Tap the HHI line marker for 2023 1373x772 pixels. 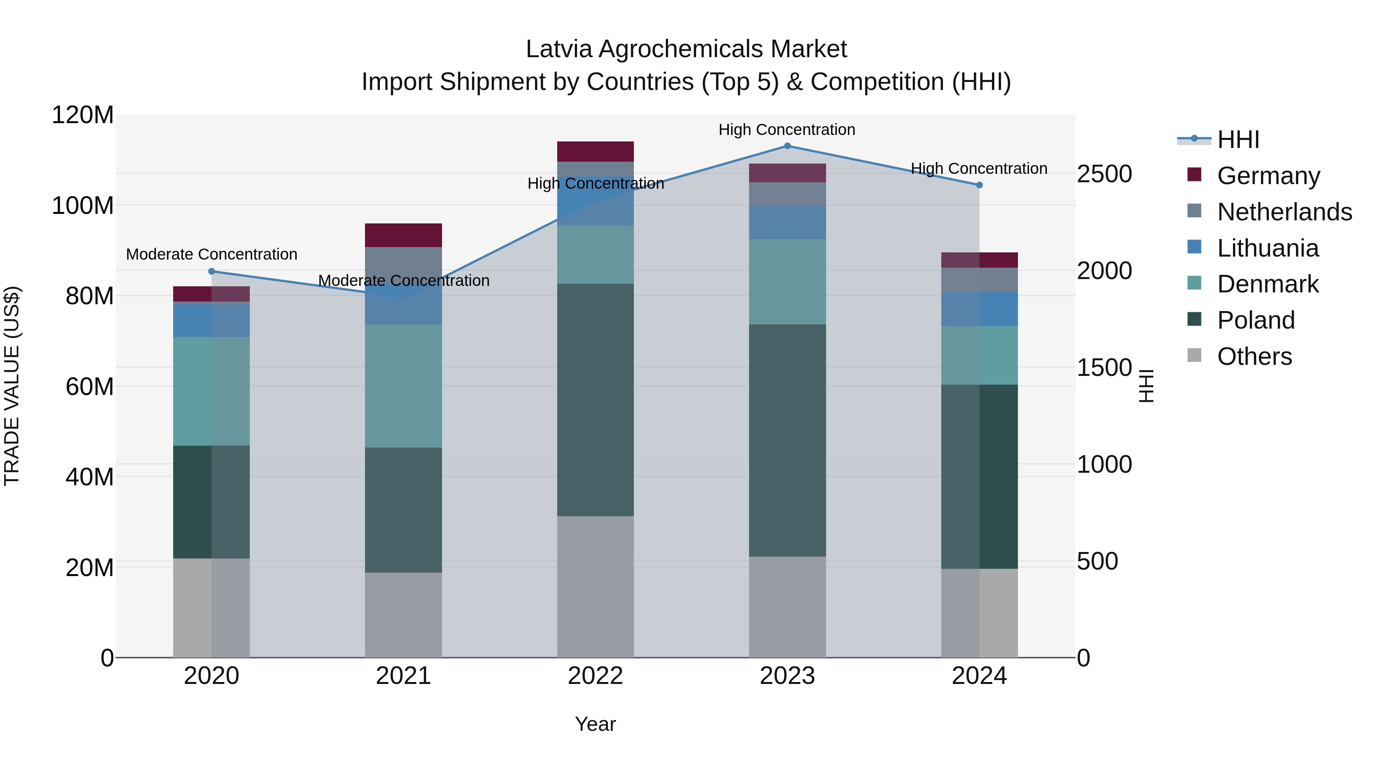pyautogui.click(x=787, y=146)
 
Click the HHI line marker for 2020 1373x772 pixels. pyautogui.click(x=212, y=271)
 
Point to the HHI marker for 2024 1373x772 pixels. pyautogui.click(x=979, y=185)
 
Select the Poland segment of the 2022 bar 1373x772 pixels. pyautogui.click(x=595, y=400)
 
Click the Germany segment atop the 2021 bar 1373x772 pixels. pyautogui.click(x=404, y=235)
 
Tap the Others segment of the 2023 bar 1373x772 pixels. pyautogui.click(x=787, y=607)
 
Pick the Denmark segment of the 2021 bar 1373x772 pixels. pyautogui.click(x=404, y=386)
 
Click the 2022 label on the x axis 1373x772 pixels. pyautogui.click(x=595, y=676)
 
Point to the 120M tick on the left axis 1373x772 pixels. pyautogui.click(x=83, y=115)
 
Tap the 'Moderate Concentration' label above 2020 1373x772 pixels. pyautogui.click(x=212, y=255)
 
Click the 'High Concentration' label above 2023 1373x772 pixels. pyautogui.click(x=787, y=130)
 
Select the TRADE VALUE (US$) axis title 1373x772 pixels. pyautogui.click(x=12, y=386)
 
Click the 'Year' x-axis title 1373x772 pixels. pyautogui.click(x=595, y=724)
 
